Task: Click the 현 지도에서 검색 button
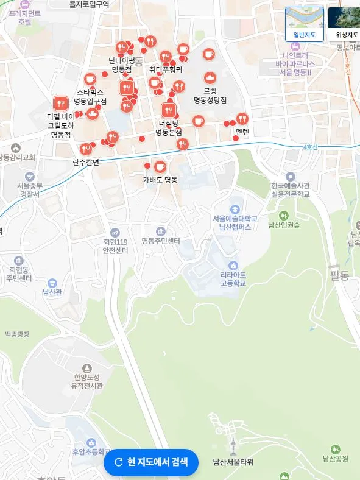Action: tap(151, 462)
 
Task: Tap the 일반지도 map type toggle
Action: tap(305, 23)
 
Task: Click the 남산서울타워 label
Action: tap(233, 462)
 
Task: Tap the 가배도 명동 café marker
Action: tap(160, 166)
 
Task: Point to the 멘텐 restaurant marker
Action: tap(242, 119)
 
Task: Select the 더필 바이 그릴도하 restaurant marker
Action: tap(60, 104)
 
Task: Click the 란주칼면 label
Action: tap(85, 162)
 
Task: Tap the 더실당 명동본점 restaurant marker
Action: tap(168, 110)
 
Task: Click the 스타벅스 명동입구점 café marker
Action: tap(90, 79)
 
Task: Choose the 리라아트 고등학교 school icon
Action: tap(233, 266)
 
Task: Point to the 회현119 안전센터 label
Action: tap(115, 245)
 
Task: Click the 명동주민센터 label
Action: tap(161, 241)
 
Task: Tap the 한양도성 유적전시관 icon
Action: tap(87, 368)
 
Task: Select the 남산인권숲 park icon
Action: tap(283, 216)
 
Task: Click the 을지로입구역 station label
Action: tap(89, 4)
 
